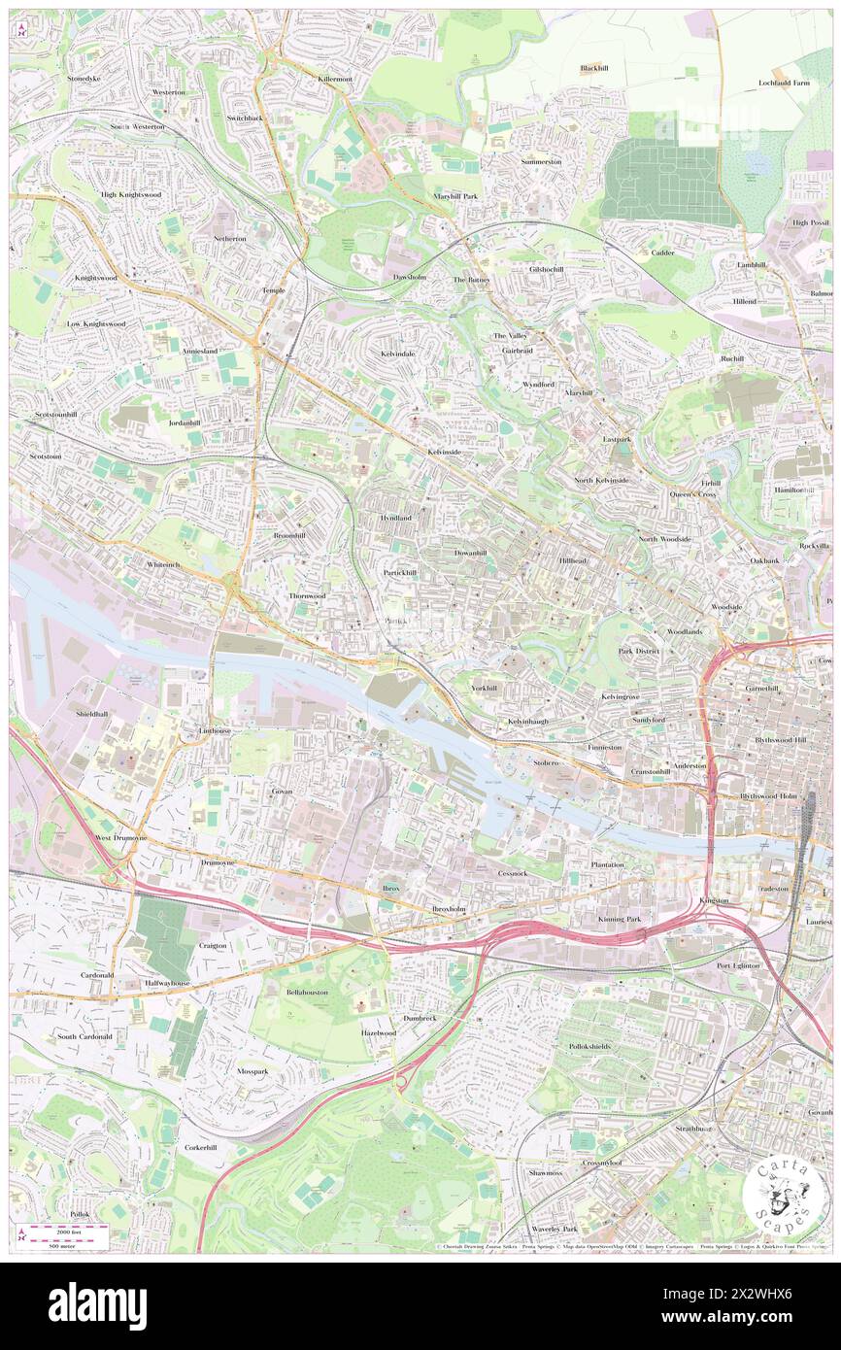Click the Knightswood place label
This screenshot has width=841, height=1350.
point(95,278)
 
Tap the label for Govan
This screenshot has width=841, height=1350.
point(282,792)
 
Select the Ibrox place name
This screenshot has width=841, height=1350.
point(390,888)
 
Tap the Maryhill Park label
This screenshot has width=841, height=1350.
point(455,196)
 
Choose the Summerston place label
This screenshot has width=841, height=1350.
point(541,161)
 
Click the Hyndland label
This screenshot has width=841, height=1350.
point(395,519)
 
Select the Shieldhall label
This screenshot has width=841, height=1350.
point(95,713)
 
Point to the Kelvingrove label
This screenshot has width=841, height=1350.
point(622,696)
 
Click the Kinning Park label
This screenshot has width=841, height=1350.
point(620,918)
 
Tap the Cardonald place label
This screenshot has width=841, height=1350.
point(97,975)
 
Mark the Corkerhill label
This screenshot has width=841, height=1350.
point(205,1147)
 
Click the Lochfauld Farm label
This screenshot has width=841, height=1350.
point(784,84)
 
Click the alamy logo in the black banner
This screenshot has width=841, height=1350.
point(97,1305)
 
